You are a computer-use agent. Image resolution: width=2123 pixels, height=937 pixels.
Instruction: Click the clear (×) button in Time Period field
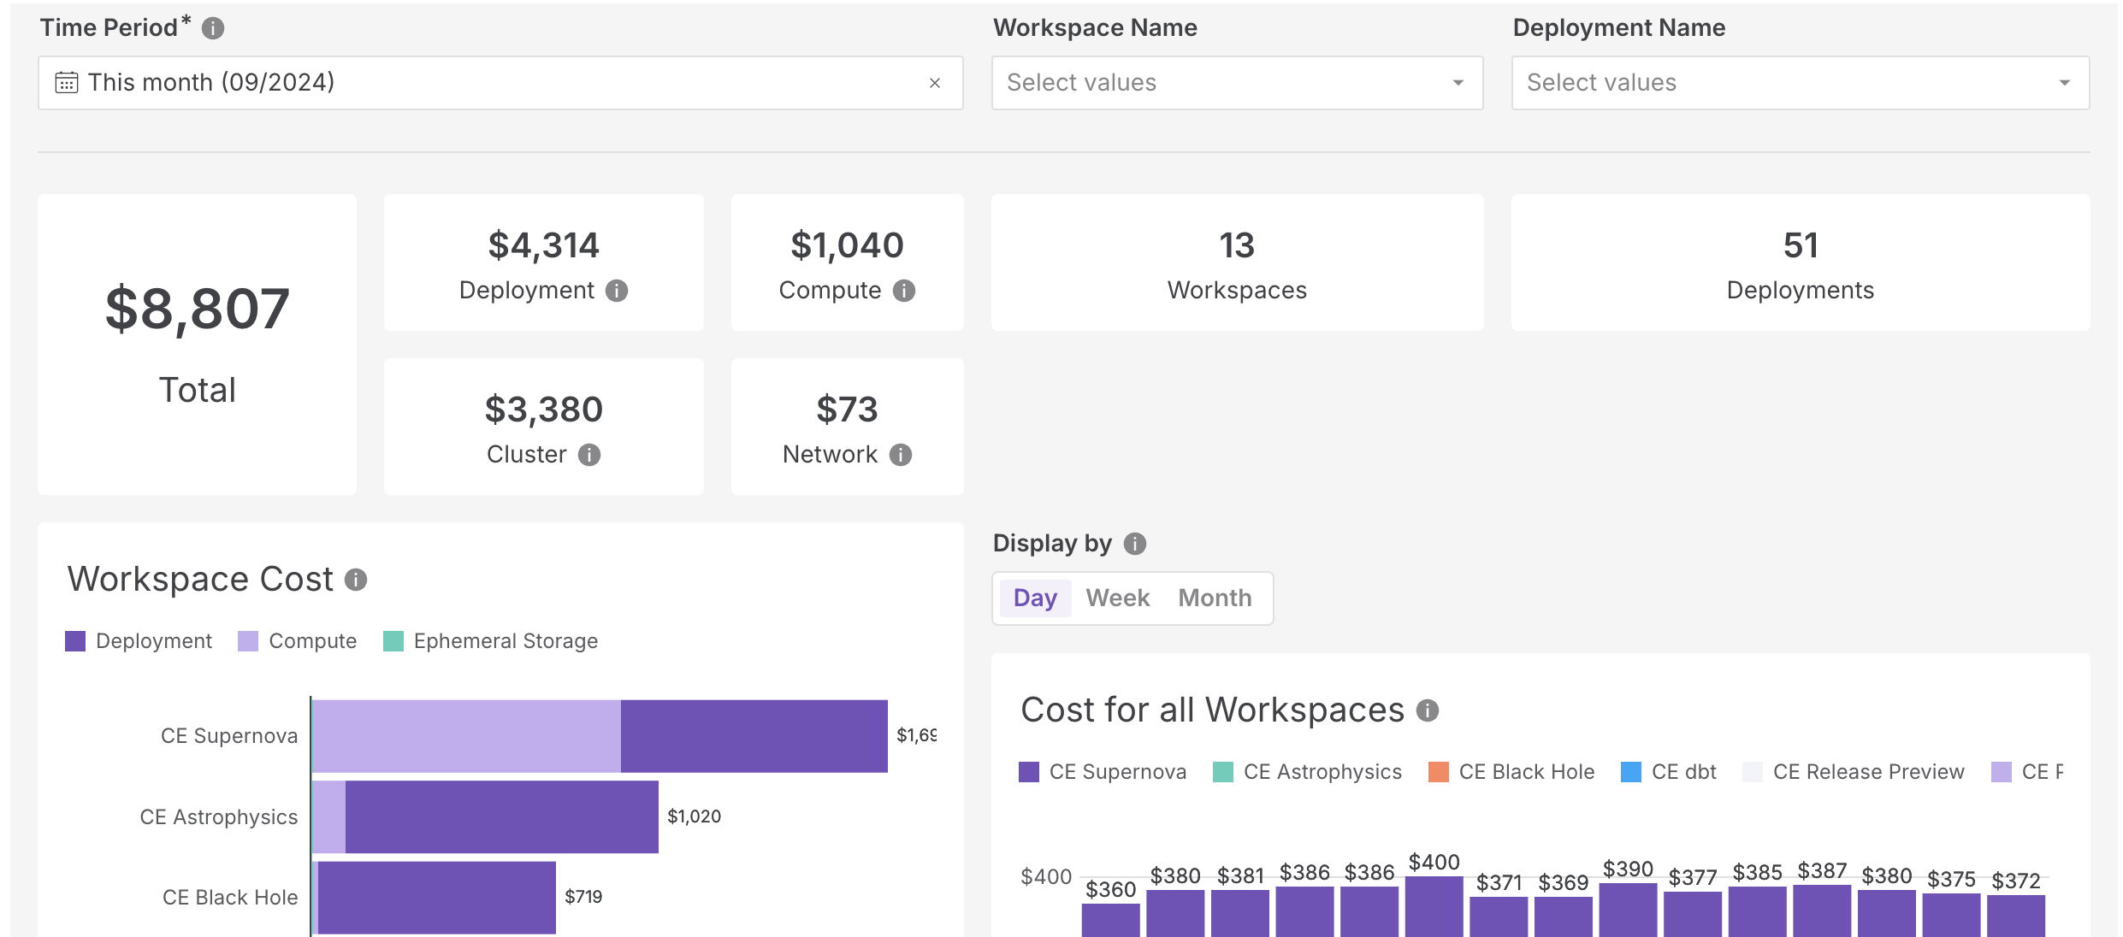coord(934,83)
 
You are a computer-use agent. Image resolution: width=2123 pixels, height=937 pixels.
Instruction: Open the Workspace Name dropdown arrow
coord(1458,83)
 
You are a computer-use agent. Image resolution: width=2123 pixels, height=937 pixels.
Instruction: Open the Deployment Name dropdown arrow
coord(2064,83)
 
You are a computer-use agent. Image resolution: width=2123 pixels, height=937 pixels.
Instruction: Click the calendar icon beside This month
coord(67,83)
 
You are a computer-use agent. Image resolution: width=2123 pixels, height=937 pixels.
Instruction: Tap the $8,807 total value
coord(197,309)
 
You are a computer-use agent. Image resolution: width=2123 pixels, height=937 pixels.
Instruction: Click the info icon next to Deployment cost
coord(617,291)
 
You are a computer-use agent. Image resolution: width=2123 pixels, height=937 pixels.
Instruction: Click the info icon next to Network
coord(901,455)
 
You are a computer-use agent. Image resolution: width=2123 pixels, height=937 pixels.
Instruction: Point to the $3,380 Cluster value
coord(544,410)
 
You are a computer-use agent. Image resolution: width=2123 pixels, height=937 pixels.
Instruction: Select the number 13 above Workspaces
coord(1237,246)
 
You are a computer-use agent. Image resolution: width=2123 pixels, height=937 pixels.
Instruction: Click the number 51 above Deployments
coord(1801,246)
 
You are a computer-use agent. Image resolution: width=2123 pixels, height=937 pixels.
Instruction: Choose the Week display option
coord(1117,598)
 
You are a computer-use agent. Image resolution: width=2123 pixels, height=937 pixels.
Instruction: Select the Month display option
coord(1215,598)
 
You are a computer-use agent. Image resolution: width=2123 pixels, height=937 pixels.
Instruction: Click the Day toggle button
coord(1035,598)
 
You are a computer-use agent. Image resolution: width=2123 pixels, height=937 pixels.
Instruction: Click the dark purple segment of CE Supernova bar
coord(754,736)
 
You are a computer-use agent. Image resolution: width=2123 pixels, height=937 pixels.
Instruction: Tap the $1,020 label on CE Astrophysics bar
coord(694,816)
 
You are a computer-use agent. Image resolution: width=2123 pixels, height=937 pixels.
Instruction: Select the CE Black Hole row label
coord(230,898)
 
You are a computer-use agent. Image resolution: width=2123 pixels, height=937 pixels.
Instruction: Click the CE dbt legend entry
coord(1669,772)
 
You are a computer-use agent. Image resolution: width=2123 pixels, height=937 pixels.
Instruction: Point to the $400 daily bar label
coord(1434,863)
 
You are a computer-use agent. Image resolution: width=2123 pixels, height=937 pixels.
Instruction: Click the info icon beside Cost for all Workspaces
coord(1428,710)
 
